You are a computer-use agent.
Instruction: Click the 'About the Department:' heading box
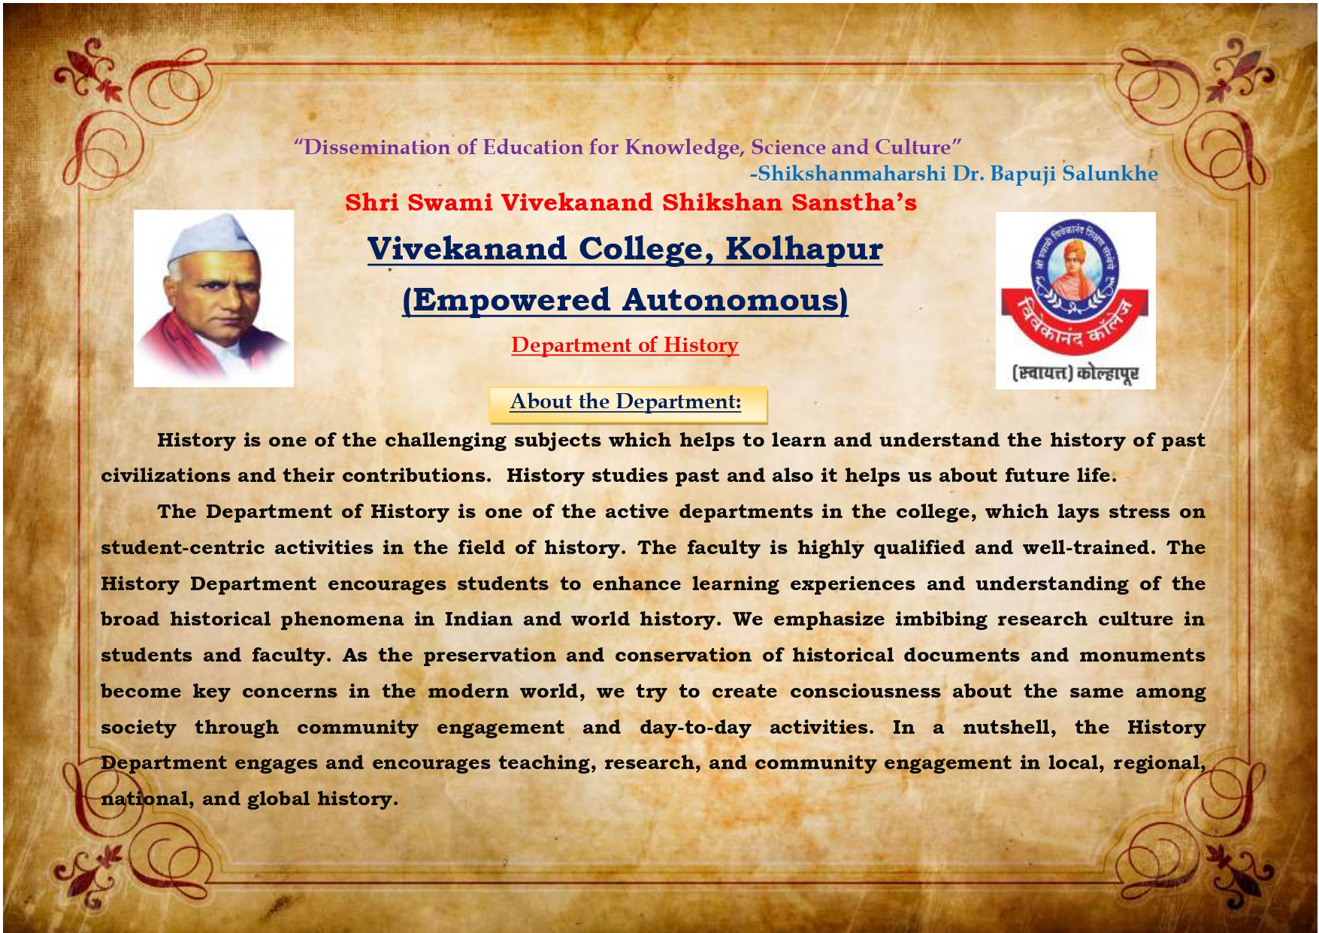[x=628, y=404]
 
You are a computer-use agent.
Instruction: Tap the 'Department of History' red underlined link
[x=625, y=345]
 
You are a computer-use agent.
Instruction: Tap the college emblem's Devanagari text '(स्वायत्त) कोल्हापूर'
[x=1075, y=373]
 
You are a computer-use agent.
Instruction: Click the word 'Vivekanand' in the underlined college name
[x=467, y=250]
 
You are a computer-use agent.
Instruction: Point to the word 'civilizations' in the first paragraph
[x=165, y=475]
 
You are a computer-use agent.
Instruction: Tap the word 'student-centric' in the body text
[x=183, y=547]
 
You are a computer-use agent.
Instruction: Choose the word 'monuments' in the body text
[x=1142, y=656]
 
